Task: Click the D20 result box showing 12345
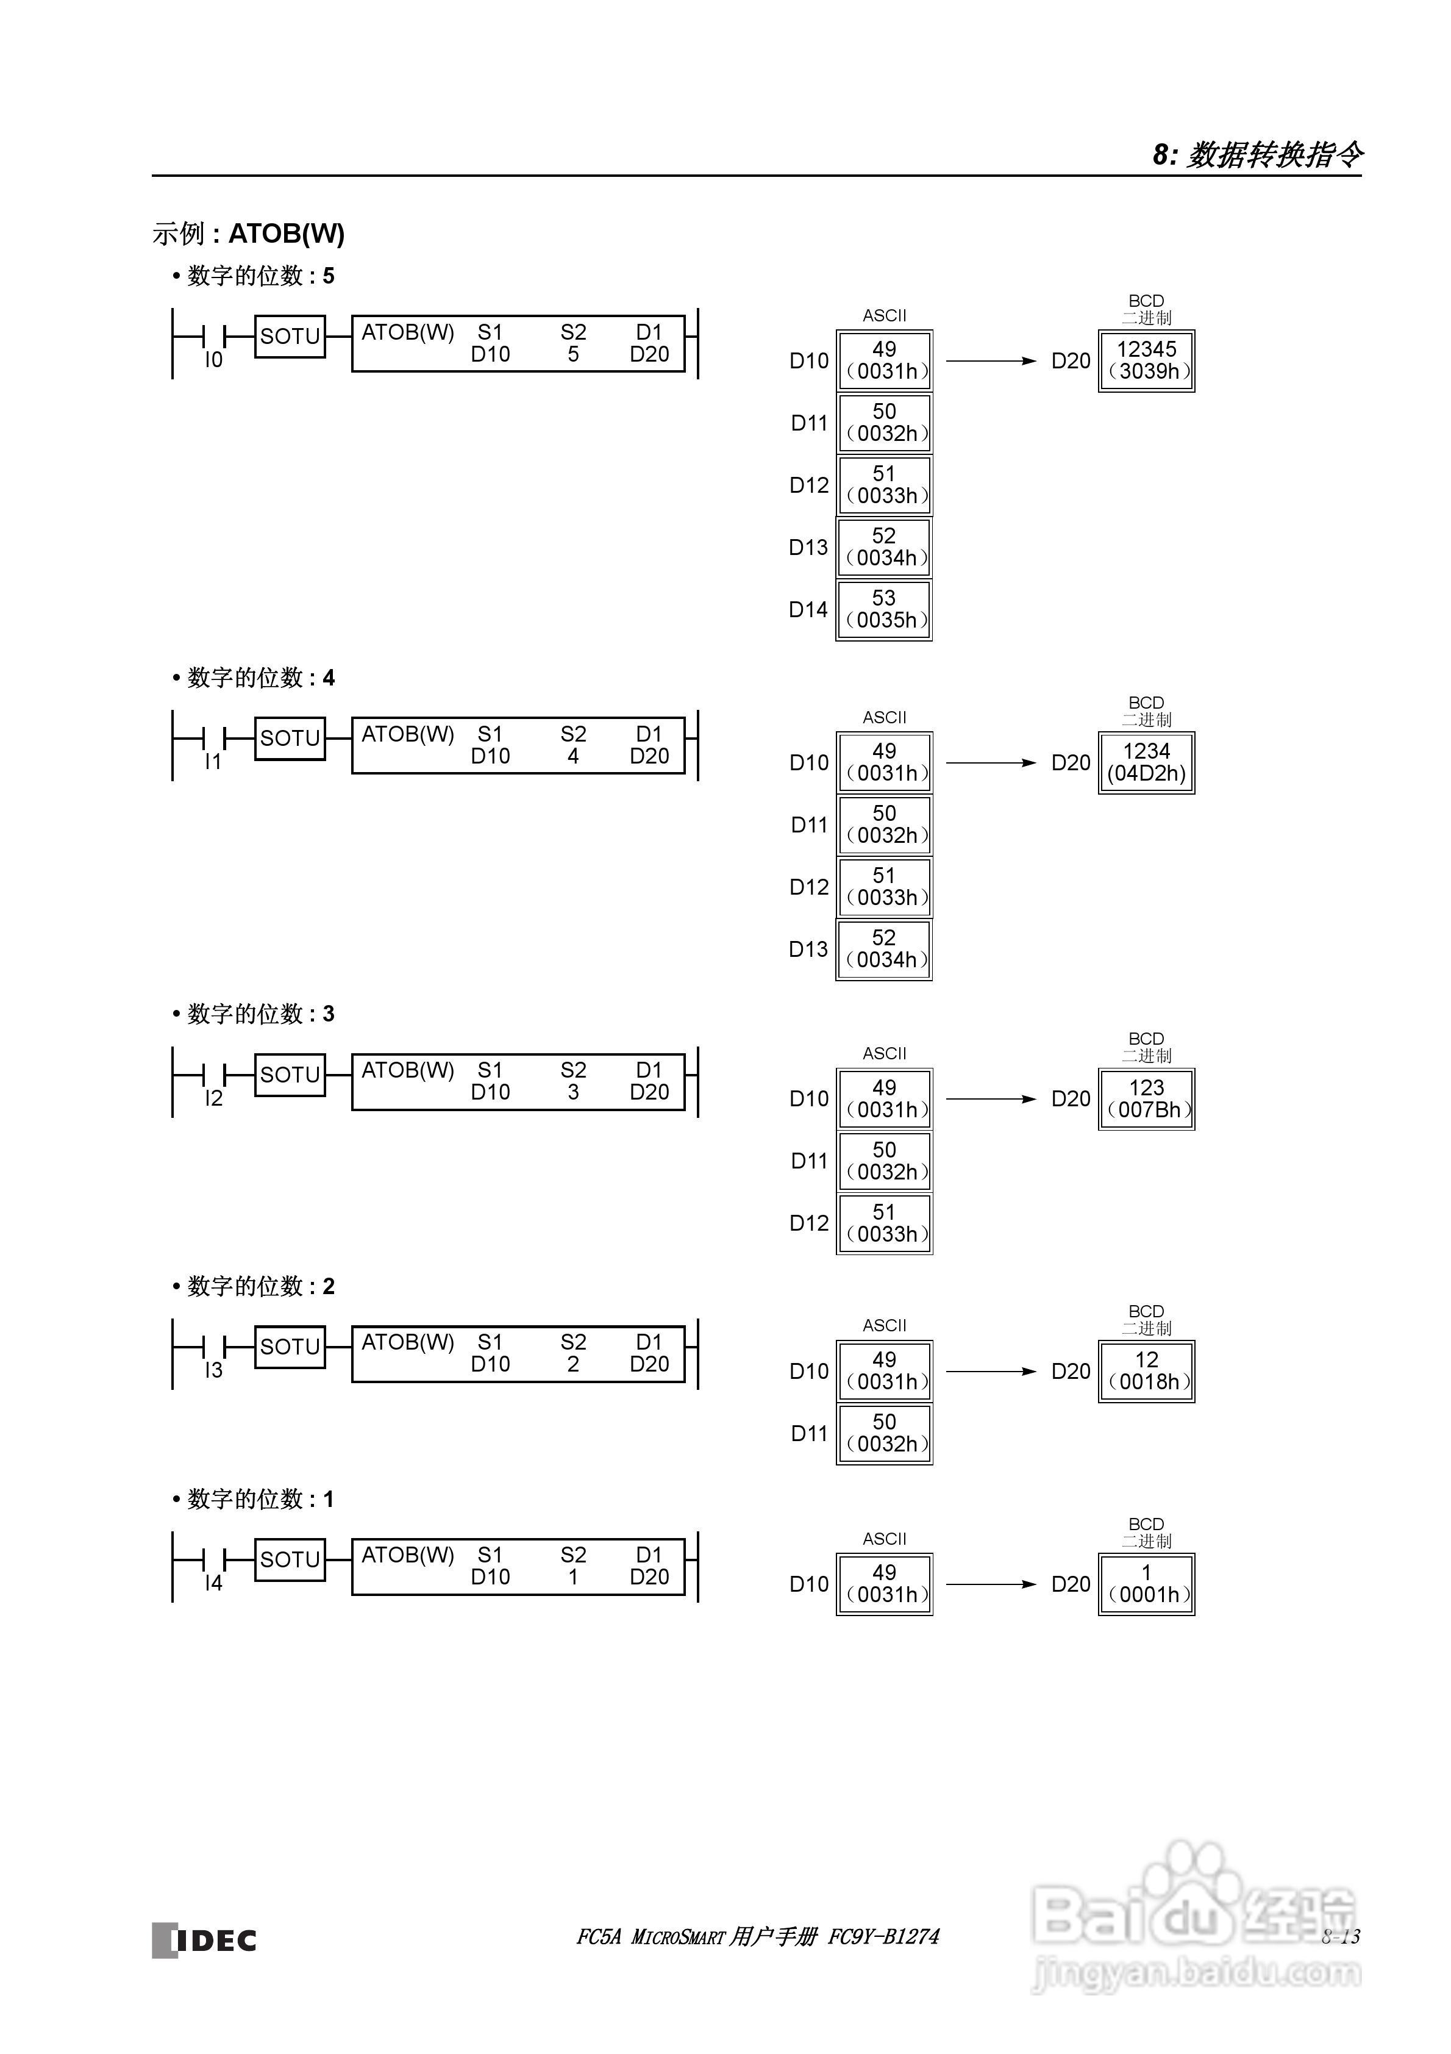click(x=1146, y=360)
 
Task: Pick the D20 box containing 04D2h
click(x=1146, y=763)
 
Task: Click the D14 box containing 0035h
click(x=884, y=609)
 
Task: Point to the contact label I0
click(x=213, y=360)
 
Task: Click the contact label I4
click(x=213, y=1583)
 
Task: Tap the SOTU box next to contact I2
click(x=290, y=1075)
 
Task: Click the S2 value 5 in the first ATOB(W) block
click(x=574, y=354)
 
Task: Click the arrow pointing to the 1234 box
click(x=990, y=763)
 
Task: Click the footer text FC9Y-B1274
click(x=884, y=1937)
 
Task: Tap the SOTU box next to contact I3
click(x=290, y=1347)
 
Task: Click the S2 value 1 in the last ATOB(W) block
click(x=574, y=1577)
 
